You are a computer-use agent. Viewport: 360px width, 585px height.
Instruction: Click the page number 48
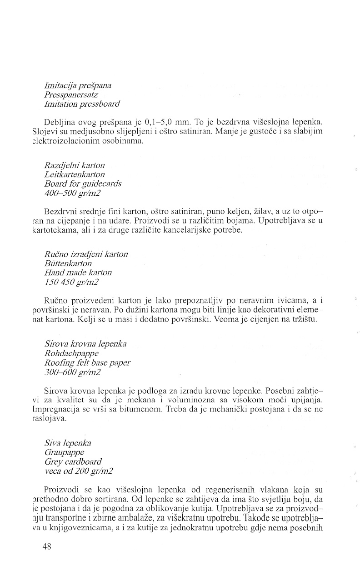point(46,547)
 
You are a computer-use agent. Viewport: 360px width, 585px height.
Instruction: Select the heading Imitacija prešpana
point(78,85)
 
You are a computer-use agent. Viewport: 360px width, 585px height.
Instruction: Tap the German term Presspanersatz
point(71,95)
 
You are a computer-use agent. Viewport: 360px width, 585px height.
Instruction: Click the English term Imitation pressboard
point(82,104)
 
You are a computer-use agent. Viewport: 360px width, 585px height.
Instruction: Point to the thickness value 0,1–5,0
point(160,123)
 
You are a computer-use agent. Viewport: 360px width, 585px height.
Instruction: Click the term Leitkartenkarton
point(75,174)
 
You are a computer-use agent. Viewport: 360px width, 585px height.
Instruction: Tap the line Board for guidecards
point(83,184)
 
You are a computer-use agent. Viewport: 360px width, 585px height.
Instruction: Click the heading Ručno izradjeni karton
point(86,254)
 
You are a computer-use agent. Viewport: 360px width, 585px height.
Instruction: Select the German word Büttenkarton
point(68,263)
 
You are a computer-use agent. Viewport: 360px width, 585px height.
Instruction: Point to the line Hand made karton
point(78,273)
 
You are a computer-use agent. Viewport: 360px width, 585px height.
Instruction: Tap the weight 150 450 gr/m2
point(72,283)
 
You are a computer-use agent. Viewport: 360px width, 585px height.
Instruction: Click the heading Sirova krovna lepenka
point(85,344)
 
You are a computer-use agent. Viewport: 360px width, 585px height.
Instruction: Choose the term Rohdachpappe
point(70,353)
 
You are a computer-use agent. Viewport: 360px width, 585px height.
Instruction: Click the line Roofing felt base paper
point(87,363)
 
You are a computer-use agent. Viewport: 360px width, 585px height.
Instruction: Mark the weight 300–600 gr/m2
point(73,372)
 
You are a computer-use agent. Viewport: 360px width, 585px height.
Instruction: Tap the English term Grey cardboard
point(73,462)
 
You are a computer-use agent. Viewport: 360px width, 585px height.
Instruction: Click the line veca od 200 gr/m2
point(79,471)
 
